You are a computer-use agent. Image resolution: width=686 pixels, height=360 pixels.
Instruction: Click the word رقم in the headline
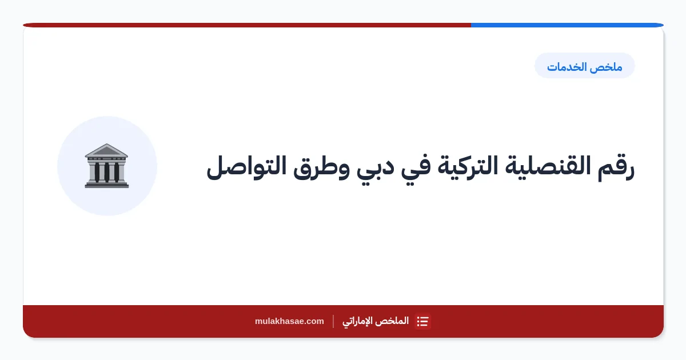[x=616, y=167]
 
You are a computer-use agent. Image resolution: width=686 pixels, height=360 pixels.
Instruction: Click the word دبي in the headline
[x=375, y=169]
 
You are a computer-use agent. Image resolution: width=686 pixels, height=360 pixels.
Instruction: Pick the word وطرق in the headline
[x=321, y=168]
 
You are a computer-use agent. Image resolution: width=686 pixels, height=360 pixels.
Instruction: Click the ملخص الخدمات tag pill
[x=585, y=66]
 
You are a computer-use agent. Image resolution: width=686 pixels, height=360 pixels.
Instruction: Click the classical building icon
[x=106, y=166]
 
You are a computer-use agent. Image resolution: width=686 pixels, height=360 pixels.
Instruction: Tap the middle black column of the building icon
[x=107, y=173]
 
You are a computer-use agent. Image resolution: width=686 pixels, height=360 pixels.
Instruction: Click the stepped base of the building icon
[x=106, y=185]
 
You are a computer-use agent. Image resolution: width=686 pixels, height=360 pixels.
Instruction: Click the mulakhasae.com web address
[x=289, y=321]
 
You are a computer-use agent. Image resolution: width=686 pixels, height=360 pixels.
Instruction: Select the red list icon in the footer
[x=422, y=321]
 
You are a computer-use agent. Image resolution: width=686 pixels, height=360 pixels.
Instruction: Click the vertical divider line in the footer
[x=333, y=321]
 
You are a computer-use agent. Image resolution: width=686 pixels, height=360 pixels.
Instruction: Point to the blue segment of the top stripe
[x=567, y=25]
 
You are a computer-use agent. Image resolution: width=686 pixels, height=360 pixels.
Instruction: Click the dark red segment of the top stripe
[x=247, y=25]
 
